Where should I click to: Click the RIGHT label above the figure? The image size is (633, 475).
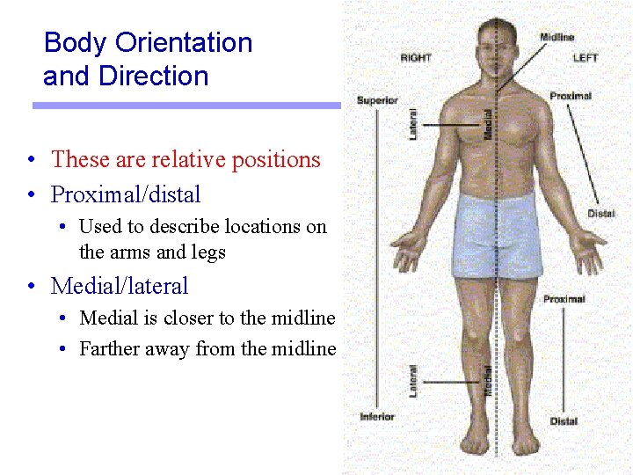[416, 58]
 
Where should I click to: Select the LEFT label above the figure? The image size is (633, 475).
[586, 58]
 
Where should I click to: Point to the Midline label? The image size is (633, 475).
[557, 37]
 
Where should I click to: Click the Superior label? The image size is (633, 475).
[377, 101]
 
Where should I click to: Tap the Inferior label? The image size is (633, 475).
[377, 416]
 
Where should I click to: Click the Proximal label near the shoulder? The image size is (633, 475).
[571, 96]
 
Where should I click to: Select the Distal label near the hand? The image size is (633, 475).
[601, 214]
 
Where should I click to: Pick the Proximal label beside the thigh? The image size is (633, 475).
[564, 300]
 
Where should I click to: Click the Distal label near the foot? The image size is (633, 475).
[564, 421]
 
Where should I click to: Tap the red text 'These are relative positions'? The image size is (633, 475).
[186, 159]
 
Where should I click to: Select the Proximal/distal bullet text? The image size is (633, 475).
[126, 194]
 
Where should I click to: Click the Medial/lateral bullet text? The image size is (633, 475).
[120, 286]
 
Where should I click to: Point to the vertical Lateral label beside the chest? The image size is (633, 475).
[413, 124]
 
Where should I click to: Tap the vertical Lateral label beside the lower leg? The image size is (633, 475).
[413, 381]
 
